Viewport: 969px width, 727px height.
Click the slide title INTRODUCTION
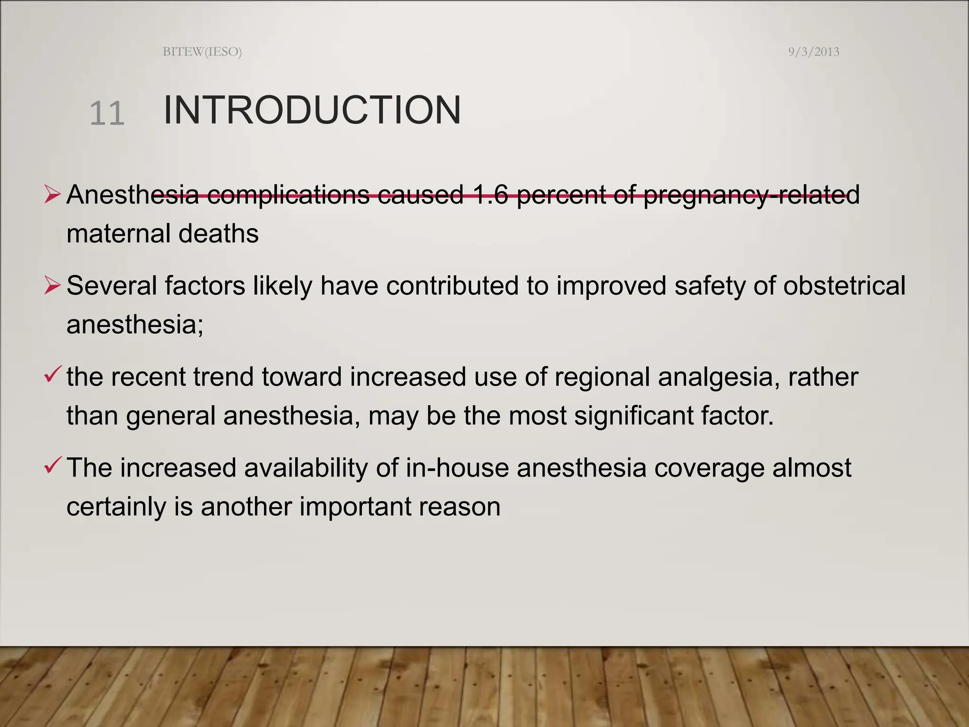tap(312, 110)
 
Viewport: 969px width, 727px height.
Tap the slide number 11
tap(107, 114)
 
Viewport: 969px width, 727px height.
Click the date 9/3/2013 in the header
tap(813, 52)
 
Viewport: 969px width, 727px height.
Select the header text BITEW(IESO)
tap(202, 52)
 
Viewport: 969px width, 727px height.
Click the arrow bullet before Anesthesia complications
tap(52, 195)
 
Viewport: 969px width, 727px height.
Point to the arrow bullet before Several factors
tap(52, 285)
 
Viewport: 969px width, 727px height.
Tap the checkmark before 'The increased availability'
tap(52, 465)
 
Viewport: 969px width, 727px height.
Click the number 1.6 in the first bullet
tap(490, 194)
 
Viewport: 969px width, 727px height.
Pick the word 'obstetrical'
tap(844, 285)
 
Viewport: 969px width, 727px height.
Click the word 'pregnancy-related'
tap(751, 195)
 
